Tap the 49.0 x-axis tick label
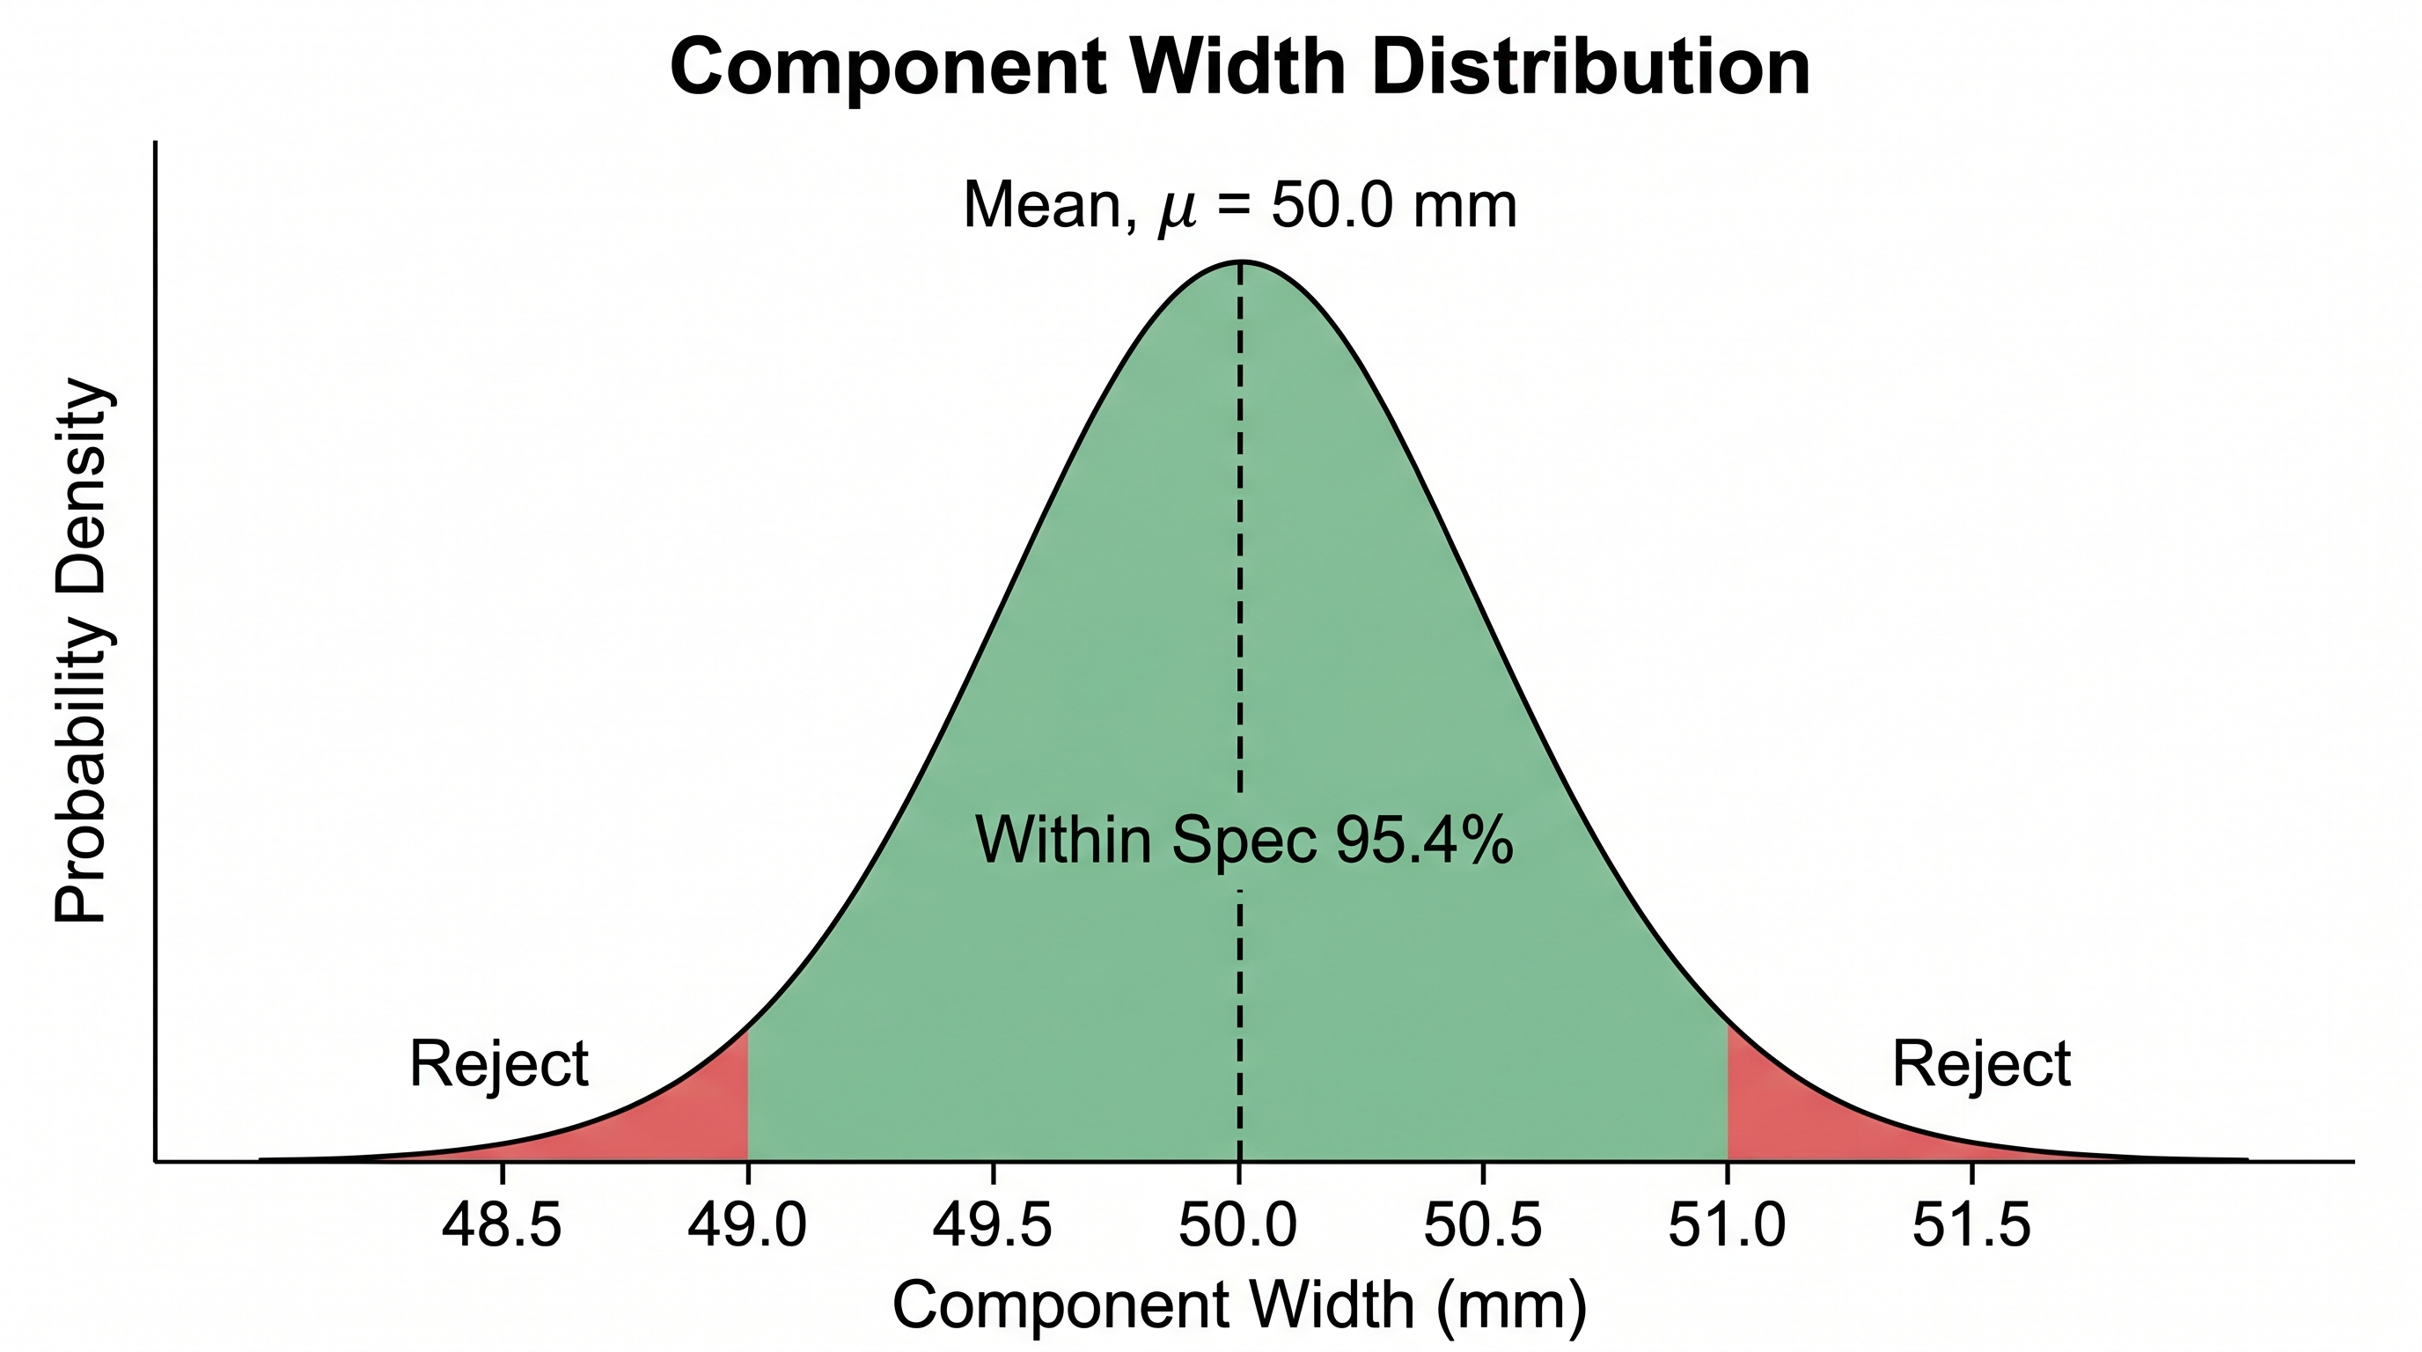pos(746,1225)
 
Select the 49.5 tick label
pos(992,1225)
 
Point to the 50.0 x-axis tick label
pos(1237,1225)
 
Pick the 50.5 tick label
pos(1483,1225)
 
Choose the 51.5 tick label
pos(1971,1225)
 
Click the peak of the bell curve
pos(1240,261)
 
